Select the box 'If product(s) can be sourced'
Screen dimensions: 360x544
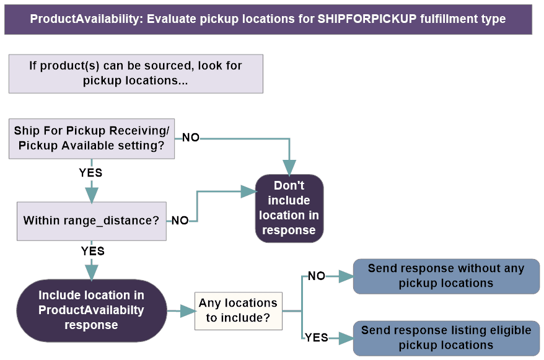click(136, 73)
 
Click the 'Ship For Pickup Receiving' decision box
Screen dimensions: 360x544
click(92, 139)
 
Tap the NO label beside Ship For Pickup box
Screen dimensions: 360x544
click(191, 138)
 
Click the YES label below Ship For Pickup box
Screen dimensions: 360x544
click(91, 172)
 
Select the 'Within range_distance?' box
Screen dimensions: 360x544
click(92, 221)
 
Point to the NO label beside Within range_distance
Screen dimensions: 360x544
click(180, 221)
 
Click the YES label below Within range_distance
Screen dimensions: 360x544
click(92, 251)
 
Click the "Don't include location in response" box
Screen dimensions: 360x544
click(289, 208)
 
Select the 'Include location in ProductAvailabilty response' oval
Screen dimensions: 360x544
click(91, 310)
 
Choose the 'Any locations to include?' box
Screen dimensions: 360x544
click(238, 311)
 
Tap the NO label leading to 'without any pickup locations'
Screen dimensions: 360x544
click(316, 276)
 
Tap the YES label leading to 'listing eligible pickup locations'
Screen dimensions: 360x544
click(316, 338)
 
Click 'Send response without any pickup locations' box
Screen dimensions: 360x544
click(445, 276)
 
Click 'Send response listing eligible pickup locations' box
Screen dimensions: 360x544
click(445, 338)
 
